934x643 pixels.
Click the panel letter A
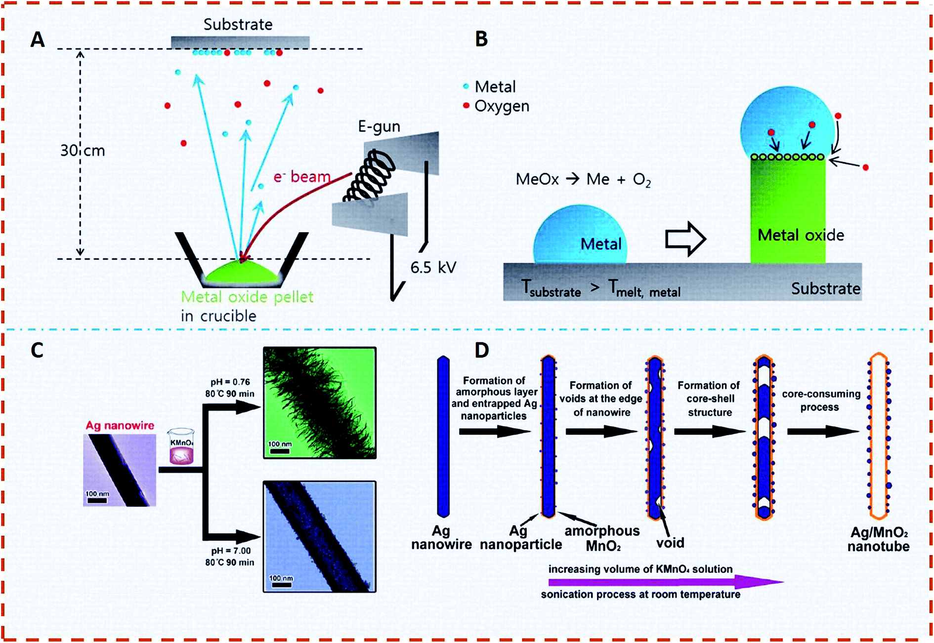[x=38, y=40]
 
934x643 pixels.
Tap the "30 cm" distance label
[x=83, y=150]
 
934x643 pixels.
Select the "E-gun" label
[x=379, y=126]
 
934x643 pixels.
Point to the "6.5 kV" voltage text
[x=433, y=267]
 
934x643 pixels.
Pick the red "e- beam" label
[x=302, y=177]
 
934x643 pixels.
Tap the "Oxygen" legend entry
[x=501, y=106]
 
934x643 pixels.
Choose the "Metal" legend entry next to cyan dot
[x=495, y=87]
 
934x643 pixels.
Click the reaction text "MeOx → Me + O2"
[x=583, y=179]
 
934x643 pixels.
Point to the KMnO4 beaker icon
[x=181, y=447]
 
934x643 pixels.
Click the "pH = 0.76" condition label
[x=230, y=382]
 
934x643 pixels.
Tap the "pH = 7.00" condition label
[x=230, y=551]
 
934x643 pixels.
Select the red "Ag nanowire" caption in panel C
[x=120, y=425]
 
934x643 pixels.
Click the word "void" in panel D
[x=670, y=543]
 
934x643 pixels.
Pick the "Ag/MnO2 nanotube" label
[x=879, y=539]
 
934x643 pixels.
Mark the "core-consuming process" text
[x=821, y=401]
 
